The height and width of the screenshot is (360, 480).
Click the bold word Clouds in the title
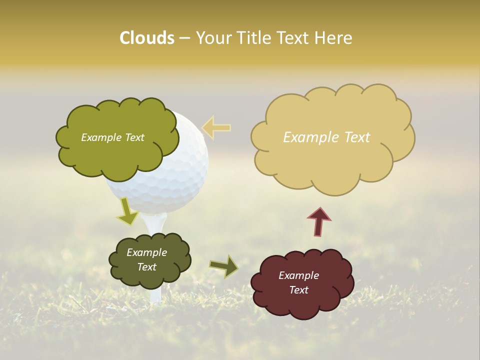(x=147, y=38)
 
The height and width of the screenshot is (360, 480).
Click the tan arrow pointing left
(x=216, y=127)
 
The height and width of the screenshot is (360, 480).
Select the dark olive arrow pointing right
(x=223, y=266)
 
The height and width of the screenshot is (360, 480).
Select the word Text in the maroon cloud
(x=298, y=290)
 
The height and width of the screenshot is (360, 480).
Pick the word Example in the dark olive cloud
(x=146, y=252)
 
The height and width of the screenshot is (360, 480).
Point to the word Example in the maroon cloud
(x=298, y=275)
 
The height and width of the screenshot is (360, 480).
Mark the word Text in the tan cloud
(x=357, y=137)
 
